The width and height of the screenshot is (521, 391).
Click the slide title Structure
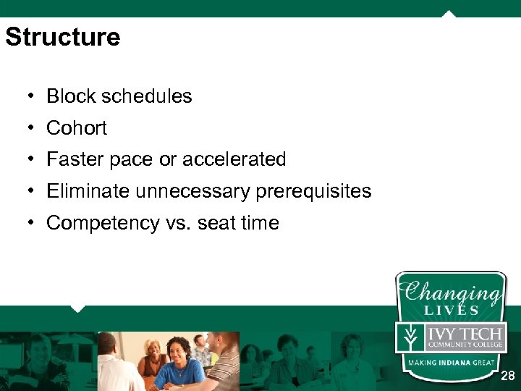(x=63, y=37)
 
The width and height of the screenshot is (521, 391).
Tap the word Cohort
(x=77, y=128)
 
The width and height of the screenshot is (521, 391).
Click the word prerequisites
(x=313, y=191)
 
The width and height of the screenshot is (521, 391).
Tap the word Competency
(x=98, y=223)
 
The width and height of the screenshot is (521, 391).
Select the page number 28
(x=508, y=376)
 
